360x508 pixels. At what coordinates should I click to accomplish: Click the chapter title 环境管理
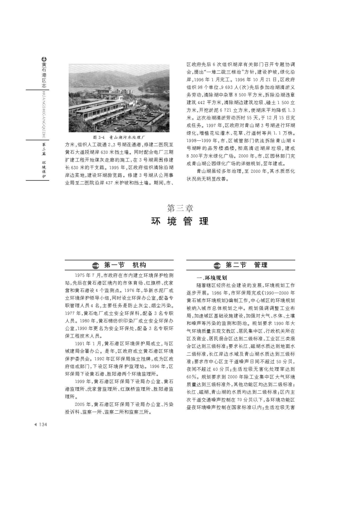tap(180, 221)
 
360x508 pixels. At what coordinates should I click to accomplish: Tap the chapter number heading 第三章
tap(180, 208)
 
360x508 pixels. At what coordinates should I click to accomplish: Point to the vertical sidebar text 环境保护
tap(44, 168)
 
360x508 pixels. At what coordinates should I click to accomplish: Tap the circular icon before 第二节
tap(217, 265)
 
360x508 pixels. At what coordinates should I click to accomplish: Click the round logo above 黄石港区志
tap(44, 58)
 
